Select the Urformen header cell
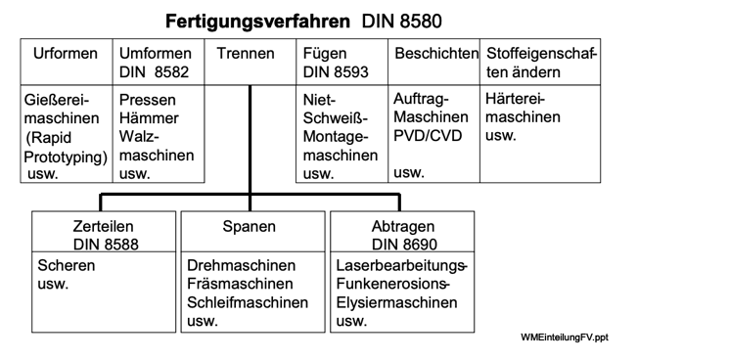[66, 53]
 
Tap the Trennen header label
[246, 53]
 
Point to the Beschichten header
[435, 53]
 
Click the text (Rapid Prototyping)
[66, 147]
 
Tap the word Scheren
[67, 266]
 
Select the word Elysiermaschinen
[396, 303]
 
